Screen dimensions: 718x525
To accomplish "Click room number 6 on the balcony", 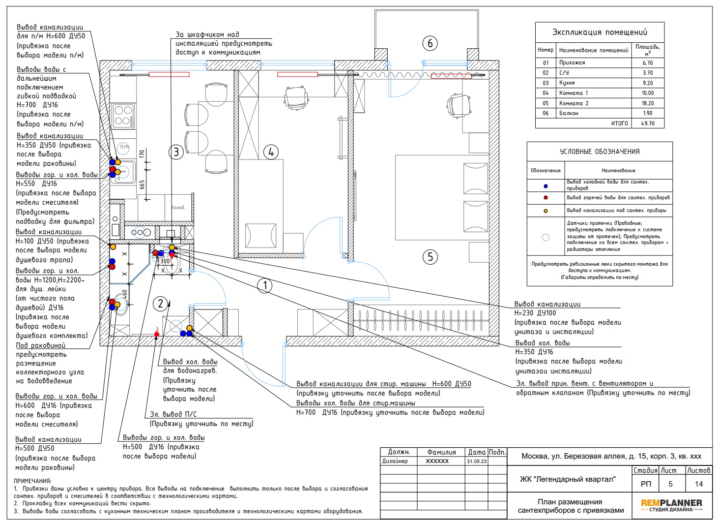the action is [x=430, y=43].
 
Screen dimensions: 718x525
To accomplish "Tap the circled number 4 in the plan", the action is [x=271, y=152].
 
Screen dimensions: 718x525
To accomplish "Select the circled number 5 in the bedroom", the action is [x=430, y=257].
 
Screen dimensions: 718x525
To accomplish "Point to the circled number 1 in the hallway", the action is [x=265, y=285].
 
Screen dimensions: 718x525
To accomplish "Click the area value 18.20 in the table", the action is [x=648, y=103].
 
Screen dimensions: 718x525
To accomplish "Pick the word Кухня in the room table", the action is [x=567, y=83].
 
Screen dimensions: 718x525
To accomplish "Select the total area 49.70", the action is [x=648, y=124].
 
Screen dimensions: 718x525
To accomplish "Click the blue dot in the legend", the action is [x=546, y=186].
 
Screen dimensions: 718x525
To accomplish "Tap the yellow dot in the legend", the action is [x=546, y=211].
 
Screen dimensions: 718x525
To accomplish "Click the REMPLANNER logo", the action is [x=671, y=505].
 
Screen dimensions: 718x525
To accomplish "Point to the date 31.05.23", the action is [x=477, y=461].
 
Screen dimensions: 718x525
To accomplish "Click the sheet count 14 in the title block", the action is [x=699, y=484].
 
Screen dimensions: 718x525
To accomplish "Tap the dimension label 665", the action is [x=142, y=185].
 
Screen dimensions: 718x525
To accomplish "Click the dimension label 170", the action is [x=142, y=154].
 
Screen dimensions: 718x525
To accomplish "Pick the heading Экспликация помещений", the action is [x=600, y=32].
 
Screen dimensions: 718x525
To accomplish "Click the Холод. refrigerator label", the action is [x=178, y=208].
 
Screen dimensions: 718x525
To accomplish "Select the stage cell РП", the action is [x=646, y=484].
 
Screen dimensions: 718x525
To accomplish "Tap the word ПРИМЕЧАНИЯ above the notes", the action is [x=32, y=481].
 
